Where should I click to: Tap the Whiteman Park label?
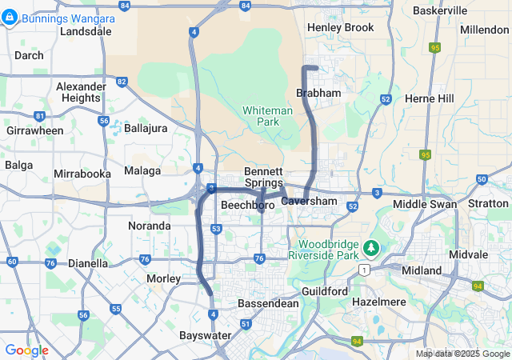coord(262,117)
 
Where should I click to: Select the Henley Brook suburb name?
coord(341,28)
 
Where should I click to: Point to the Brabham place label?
coord(318,94)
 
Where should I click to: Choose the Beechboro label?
coord(247,206)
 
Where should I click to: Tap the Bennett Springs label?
coord(263,178)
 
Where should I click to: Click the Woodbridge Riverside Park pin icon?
coord(371,246)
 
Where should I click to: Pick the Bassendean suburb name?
coord(268,304)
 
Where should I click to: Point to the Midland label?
coord(421,270)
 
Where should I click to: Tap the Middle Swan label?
coord(425,205)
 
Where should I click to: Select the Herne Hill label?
coord(430,98)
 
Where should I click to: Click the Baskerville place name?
coord(439,10)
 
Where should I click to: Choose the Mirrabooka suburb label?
coord(82,174)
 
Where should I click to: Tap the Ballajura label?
coord(151,128)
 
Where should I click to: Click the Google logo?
coord(27,350)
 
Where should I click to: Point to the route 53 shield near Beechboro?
coord(217,229)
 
